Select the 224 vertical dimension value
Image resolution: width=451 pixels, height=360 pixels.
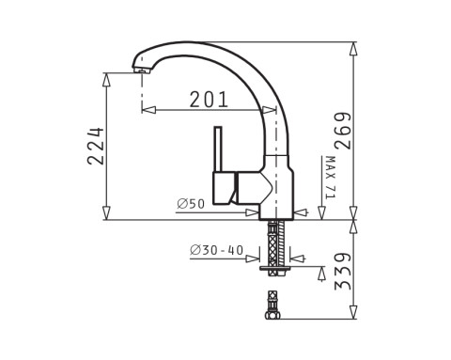tap(95, 146)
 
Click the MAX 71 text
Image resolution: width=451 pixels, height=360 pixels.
tap(330, 178)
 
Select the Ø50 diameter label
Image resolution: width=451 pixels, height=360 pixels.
tap(191, 204)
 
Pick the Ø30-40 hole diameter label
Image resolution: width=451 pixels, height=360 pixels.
tap(216, 251)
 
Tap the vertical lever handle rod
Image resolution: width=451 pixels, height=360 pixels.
tap(219, 149)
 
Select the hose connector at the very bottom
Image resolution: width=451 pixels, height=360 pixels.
tap(273, 306)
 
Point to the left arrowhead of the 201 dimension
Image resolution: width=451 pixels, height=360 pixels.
tap(146, 110)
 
